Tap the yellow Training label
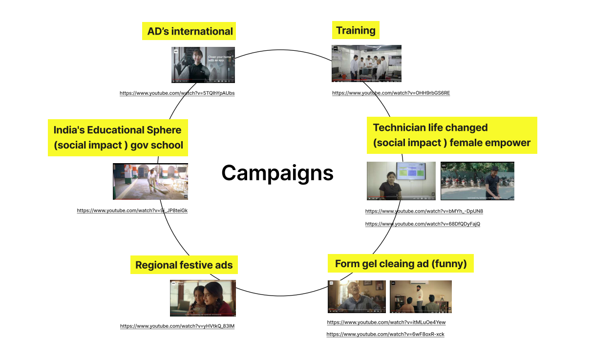coord(356,31)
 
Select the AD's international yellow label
coord(190,31)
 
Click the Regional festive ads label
coord(184,265)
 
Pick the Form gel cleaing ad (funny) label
coord(401,264)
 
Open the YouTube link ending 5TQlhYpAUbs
coord(177,93)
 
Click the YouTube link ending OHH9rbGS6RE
coord(391,93)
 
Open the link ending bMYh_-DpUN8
coord(424,212)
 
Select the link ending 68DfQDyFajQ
coord(423,224)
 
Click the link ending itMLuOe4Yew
coord(386,322)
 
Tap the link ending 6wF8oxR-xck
coord(385,334)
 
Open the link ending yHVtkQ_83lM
coord(177,326)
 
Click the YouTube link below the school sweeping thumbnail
coord(132,211)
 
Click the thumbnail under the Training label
coord(366,64)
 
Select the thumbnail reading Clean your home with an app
coord(203,65)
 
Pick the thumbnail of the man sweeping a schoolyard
coord(150,181)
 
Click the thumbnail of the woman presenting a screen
coord(401,181)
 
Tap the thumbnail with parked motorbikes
coord(477,181)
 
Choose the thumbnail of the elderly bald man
coord(357,296)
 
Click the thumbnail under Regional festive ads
coord(203,298)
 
